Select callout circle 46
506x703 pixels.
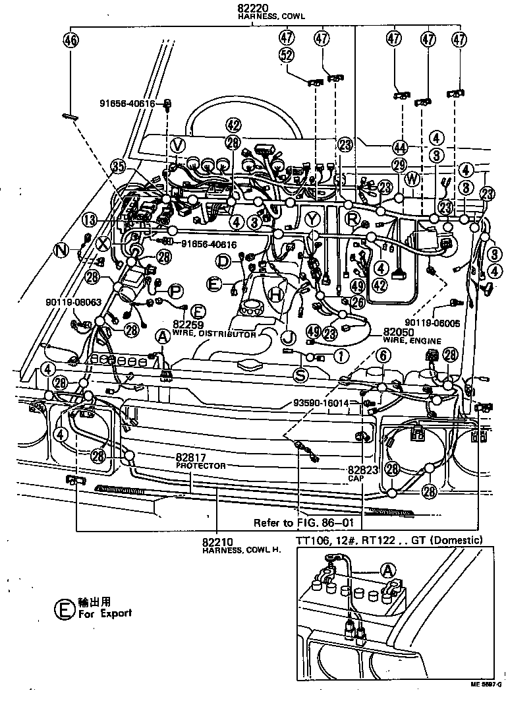[70, 40]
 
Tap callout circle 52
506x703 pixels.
[286, 56]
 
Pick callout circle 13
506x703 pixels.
[90, 220]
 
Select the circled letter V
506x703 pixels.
[176, 144]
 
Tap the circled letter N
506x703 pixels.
[62, 250]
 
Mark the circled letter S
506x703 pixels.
[300, 376]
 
